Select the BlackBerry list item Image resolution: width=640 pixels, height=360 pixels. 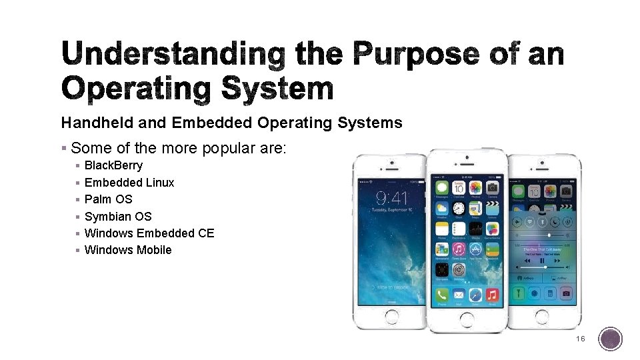point(113,165)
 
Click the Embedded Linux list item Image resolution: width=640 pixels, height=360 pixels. point(129,183)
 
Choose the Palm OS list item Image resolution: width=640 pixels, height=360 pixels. point(108,199)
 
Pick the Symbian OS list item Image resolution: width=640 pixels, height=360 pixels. point(118,217)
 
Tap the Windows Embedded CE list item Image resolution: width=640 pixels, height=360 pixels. point(149,233)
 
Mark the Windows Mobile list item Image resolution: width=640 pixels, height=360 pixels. point(128,250)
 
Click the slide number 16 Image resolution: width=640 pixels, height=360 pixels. point(580,339)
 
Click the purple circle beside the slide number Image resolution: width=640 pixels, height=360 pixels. point(610,339)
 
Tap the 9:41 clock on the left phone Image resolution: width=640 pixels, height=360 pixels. point(391,198)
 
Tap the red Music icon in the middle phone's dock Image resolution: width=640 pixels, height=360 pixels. point(492,295)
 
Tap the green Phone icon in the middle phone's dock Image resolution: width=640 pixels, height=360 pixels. point(441,295)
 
